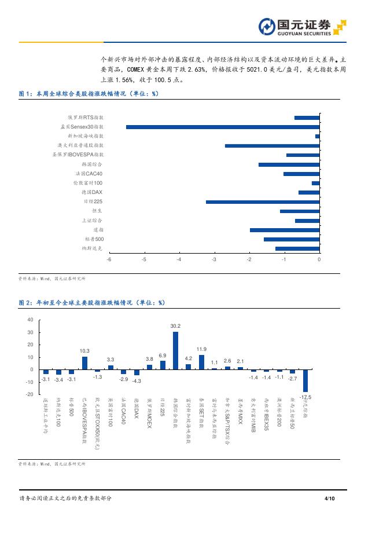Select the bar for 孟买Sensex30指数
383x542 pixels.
(223, 127)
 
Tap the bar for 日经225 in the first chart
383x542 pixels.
(263, 202)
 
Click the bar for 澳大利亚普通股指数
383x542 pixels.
(272, 145)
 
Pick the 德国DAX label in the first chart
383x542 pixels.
(92, 192)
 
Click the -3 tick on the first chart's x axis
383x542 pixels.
(214, 259)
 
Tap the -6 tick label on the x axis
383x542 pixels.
(109, 259)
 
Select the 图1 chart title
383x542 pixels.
(89, 93)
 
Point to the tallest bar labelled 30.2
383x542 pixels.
(175, 350)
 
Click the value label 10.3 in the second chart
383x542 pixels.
(84, 351)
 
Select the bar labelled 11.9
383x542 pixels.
(201, 362)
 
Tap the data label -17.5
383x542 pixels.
(306, 397)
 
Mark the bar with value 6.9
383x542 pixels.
(163, 365)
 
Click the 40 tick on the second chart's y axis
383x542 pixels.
(30, 320)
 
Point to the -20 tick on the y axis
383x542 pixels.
(29, 394)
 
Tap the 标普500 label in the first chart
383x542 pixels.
(94, 239)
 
